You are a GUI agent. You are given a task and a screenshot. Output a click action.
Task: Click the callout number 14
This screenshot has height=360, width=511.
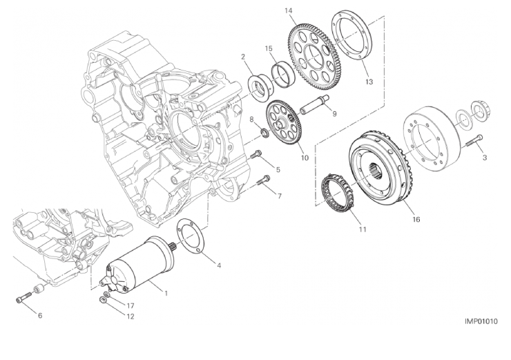[288, 11]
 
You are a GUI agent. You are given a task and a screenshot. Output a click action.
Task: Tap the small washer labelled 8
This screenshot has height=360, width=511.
[266, 133]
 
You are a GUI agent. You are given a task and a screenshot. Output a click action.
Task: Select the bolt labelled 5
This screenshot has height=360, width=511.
[256, 154]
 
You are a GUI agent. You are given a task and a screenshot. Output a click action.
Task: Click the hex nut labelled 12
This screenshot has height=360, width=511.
[102, 300]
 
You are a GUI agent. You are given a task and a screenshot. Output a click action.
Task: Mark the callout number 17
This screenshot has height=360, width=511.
[131, 306]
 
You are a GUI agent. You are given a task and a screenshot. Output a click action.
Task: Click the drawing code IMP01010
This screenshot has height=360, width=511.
[481, 321]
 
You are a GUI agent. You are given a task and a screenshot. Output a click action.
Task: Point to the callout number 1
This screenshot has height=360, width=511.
[166, 293]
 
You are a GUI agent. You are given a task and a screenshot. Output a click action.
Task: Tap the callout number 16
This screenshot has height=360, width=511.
[416, 220]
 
